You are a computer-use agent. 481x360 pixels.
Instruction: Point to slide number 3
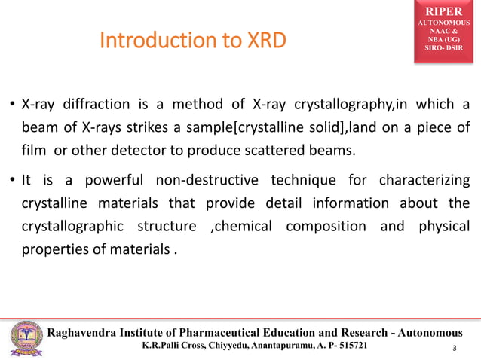(x=455, y=348)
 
